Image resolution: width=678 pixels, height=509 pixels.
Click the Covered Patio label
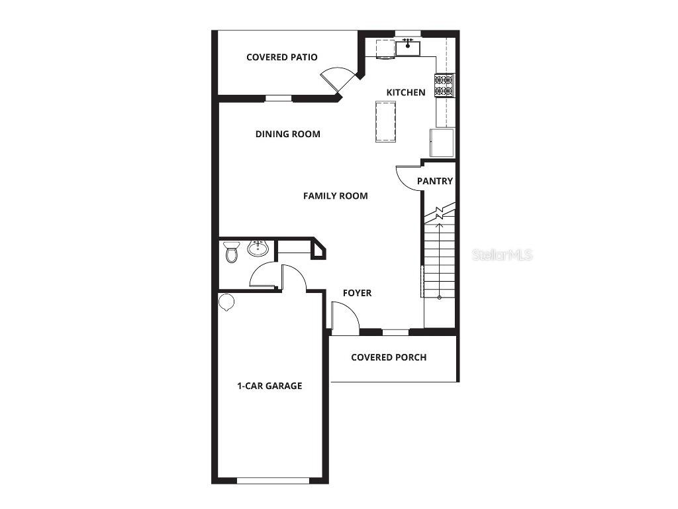tap(281, 57)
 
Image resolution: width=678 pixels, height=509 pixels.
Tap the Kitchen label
tap(406, 92)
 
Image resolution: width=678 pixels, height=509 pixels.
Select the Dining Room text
tap(287, 134)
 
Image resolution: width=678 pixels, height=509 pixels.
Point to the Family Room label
tap(335, 196)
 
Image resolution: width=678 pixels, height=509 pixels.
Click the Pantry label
tap(435, 181)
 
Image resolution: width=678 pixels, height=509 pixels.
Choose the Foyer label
tap(357, 293)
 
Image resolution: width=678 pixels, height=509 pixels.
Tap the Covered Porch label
tap(389, 357)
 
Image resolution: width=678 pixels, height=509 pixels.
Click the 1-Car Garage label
tap(269, 386)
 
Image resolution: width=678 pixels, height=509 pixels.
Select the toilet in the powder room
tap(231, 251)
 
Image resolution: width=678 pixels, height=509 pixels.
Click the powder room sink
tap(258, 249)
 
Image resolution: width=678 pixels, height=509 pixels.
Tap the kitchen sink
tap(408, 47)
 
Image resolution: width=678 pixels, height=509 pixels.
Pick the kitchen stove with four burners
tap(444, 85)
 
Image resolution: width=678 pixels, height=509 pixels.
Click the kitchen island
tap(385, 121)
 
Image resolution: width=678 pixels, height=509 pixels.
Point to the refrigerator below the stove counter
tap(442, 143)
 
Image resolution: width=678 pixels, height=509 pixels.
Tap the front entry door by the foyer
tap(344, 318)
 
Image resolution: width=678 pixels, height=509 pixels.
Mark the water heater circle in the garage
tap(226, 302)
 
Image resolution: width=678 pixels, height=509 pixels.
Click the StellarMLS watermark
tap(503, 254)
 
